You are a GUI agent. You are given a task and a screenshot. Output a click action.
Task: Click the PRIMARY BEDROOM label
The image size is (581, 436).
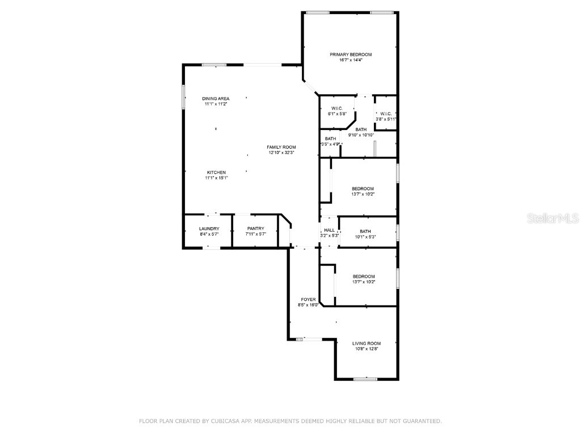tap(351, 54)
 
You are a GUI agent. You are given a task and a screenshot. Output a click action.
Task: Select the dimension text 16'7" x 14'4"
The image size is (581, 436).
tap(351, 60)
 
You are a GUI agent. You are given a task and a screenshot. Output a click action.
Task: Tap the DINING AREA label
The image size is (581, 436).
tap(216, 99)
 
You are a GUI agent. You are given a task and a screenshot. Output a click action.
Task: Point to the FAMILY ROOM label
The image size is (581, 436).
tap(281, 147)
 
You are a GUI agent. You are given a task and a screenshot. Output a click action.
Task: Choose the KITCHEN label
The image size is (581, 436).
tap(216, 173)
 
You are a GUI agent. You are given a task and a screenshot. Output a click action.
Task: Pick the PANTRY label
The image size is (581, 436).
tap(255, 229)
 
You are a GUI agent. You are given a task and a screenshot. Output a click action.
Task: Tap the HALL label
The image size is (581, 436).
tap(329, 230)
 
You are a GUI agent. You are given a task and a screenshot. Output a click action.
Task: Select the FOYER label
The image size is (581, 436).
tap(308, 299)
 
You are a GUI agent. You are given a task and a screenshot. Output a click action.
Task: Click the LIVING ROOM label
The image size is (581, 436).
tap(366, 343)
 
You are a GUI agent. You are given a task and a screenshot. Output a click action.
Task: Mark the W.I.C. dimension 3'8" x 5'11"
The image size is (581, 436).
tap(386, 119)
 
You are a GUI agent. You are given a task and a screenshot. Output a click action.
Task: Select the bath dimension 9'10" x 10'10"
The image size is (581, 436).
tap(361, 135)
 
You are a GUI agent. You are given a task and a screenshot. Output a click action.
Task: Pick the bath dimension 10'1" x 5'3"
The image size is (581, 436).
tap(365, 237)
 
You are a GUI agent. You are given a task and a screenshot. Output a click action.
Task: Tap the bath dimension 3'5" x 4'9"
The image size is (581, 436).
tap(330, 144)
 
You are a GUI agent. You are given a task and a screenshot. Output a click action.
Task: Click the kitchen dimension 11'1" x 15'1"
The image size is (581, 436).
tap(216, 178)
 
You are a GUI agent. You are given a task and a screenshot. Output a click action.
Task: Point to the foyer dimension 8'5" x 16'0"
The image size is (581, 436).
tap(308, 305)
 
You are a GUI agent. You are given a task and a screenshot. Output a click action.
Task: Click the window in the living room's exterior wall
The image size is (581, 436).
tap(365, 379)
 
